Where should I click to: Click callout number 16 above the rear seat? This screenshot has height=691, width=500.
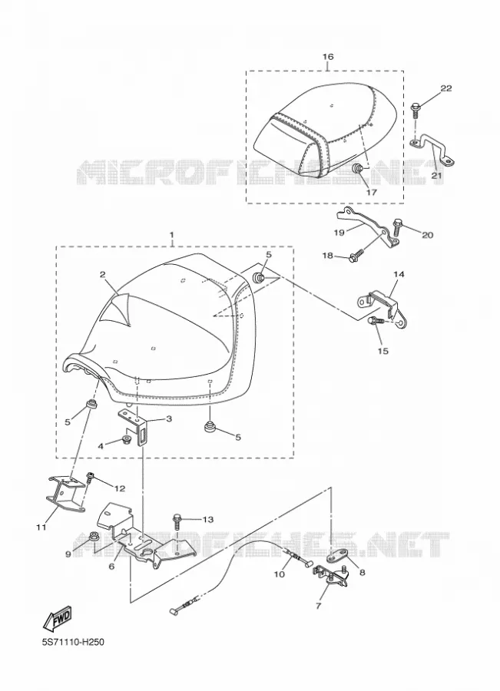(x=328, y=56)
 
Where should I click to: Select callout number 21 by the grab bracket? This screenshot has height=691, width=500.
(x=436, y=176)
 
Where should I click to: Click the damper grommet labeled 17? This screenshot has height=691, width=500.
(x=358, y=168)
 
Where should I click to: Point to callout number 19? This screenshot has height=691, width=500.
(x=339, y=232)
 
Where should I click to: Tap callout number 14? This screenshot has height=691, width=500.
(x=399, y=274)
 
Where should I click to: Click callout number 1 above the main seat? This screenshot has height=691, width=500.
(x=172, y=233)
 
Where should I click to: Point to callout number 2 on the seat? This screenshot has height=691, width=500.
(x=102, y=275)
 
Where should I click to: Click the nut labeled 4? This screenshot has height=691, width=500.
(x=125, y=440)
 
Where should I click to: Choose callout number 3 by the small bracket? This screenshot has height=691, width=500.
(x=168, y=418)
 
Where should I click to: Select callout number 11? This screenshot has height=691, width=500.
(x=41, y=527)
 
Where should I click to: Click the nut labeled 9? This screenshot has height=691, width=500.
(x=93, y=537)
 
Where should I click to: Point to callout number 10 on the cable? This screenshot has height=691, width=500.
(x=279, y=574)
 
